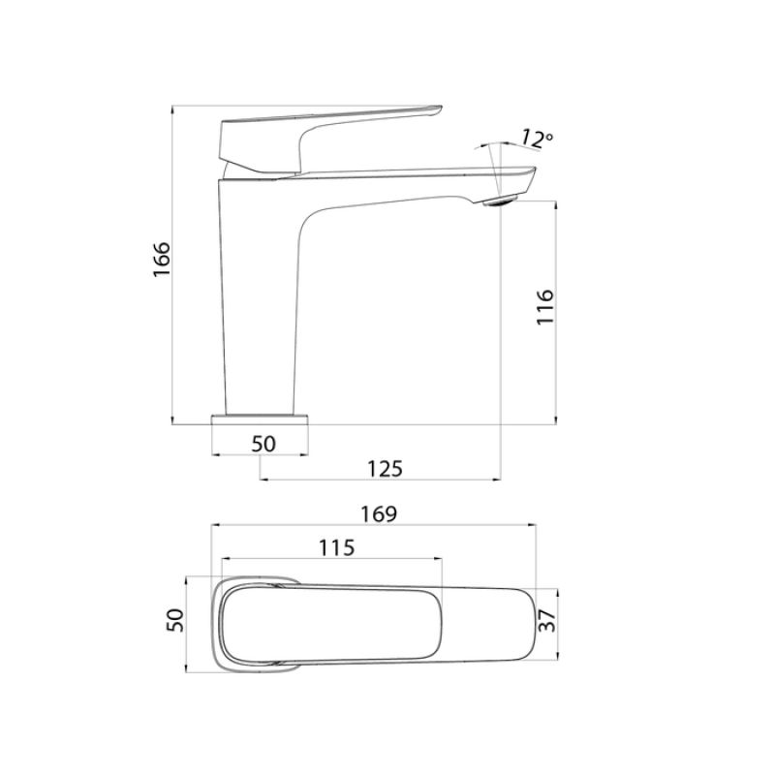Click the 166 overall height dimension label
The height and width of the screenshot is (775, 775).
tap(161, 261)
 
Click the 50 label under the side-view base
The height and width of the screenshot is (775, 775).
tap(263, 444)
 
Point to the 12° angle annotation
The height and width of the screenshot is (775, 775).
tap(536, 139)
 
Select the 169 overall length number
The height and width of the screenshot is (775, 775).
tap(378, 513)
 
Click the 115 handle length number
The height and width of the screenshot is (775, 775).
tap(336, 547)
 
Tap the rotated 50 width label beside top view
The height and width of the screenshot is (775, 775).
tap(175, 621)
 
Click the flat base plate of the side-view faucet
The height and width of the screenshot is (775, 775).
tap(260, 418)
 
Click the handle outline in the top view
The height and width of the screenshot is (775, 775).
tap(329, 623)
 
